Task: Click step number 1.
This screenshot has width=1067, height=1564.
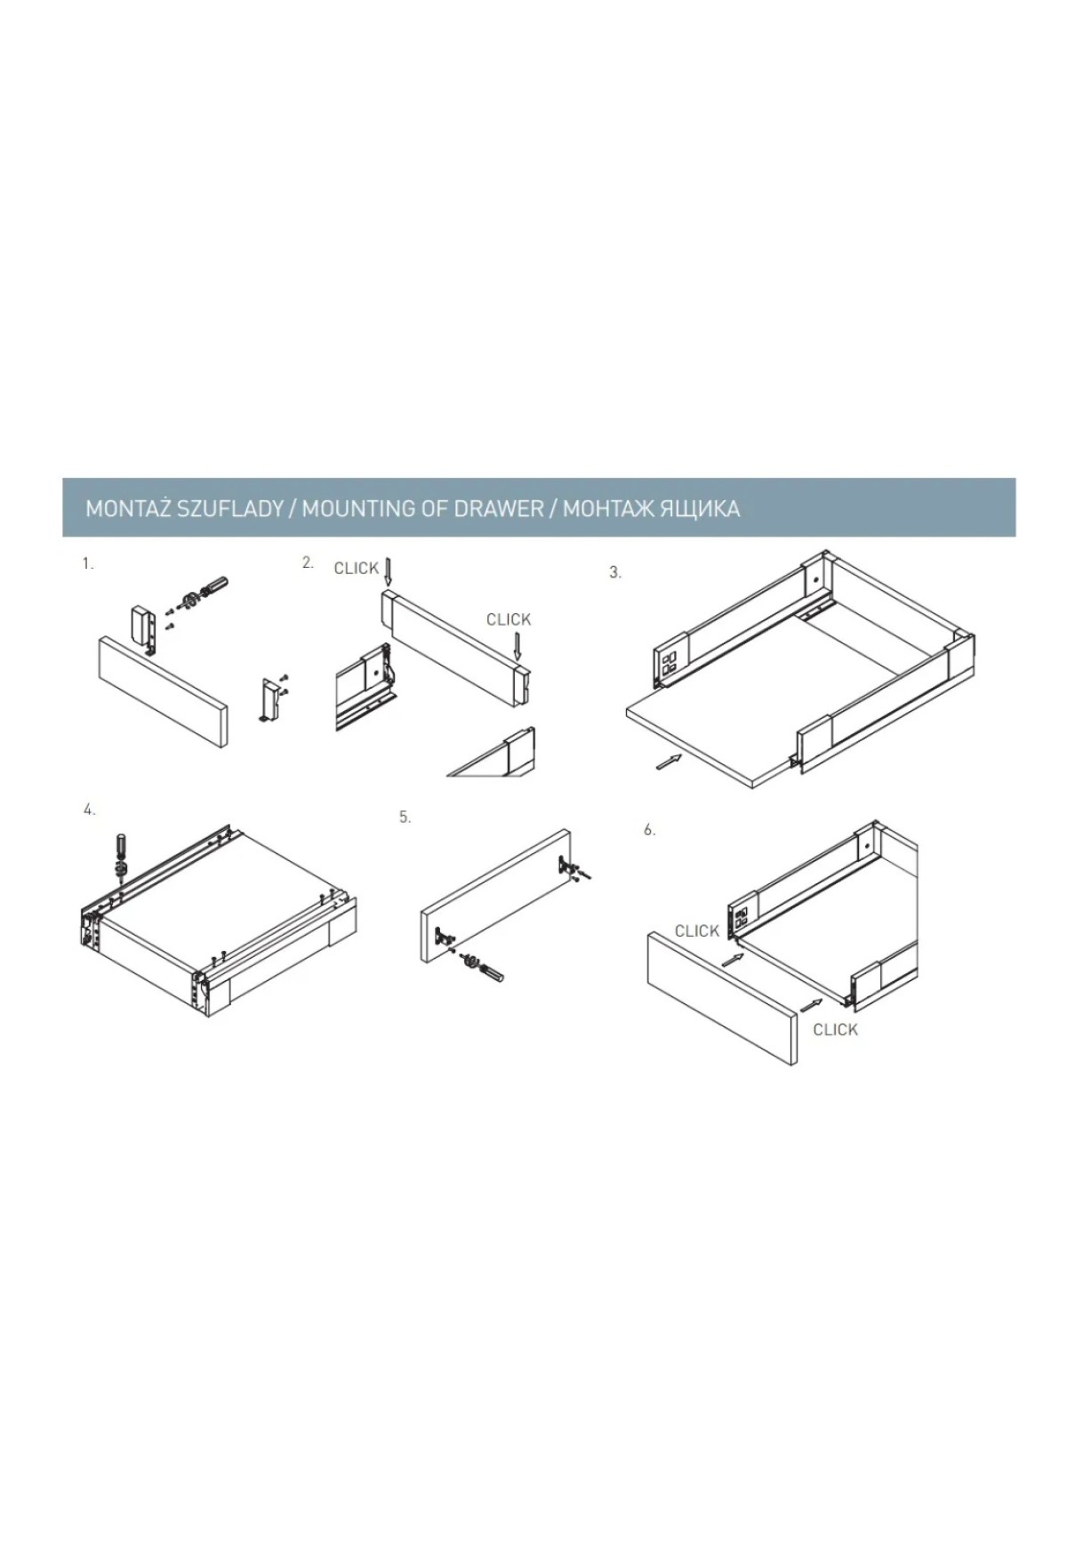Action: (87, 563)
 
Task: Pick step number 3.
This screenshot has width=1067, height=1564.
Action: (614, 573)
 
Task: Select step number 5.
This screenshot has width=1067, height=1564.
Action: (405, 818)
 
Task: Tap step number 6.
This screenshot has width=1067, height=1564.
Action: (650, 830)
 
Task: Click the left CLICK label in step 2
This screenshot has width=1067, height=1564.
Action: (356, 569)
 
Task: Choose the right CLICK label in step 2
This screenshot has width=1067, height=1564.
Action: (509, 619)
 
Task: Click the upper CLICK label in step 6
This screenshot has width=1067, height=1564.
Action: (696, 931)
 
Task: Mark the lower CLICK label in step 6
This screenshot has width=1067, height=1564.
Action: (836, 1030)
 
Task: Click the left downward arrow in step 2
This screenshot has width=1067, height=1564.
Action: (388, 571)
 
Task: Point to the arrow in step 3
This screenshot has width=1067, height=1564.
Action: (670, 762)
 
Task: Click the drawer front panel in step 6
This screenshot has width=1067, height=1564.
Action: (722, 997)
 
